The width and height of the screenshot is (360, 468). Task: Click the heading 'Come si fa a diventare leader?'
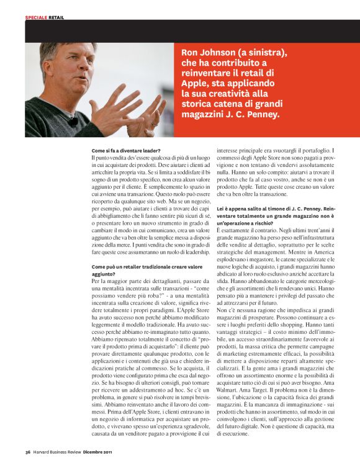[x=126, y=151]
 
